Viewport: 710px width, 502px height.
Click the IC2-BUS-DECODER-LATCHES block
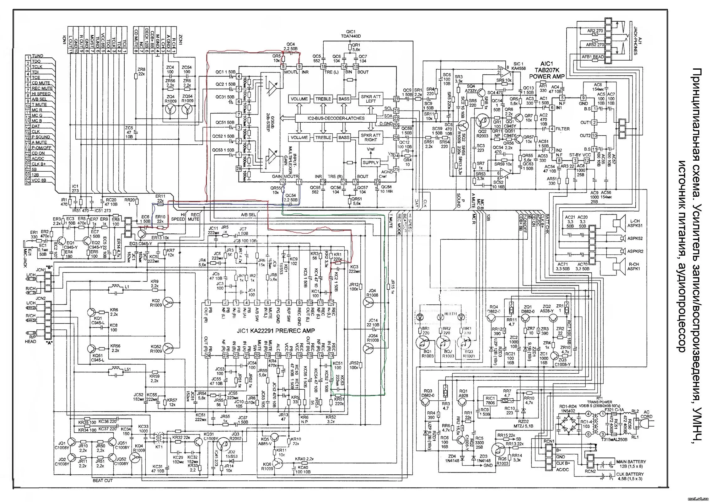tap(336, 118)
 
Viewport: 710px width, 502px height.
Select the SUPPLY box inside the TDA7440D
tap(371, 163)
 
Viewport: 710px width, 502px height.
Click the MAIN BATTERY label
tap(631, 462)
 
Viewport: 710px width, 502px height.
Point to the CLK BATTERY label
tap(630, 474)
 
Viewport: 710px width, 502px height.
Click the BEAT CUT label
tap(102, 480)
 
